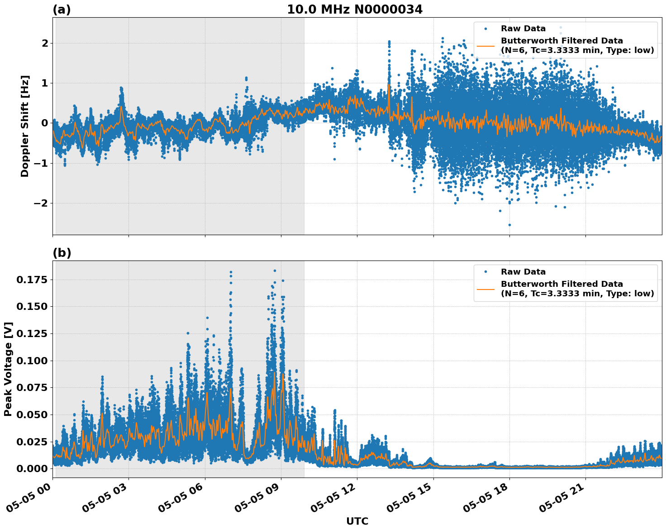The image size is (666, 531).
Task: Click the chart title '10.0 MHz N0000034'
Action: (355, 10)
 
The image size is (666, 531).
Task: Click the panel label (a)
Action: (62, 10)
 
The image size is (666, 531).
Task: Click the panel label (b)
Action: (62, 253)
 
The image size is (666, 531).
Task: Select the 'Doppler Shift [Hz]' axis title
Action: (25, 126)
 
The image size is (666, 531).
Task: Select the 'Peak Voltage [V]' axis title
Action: (8, 369)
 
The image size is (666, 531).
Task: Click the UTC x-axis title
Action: (357, 521)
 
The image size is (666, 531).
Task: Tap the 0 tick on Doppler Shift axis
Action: (45, 123)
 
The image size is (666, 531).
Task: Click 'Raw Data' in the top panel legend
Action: (523, 29)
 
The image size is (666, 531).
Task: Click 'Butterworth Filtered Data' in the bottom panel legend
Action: (561, 284)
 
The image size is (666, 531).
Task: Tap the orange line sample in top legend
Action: (485, 46)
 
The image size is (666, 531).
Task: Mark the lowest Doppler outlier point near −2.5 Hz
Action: (509, 225)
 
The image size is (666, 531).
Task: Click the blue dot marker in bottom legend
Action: (485, 272)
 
